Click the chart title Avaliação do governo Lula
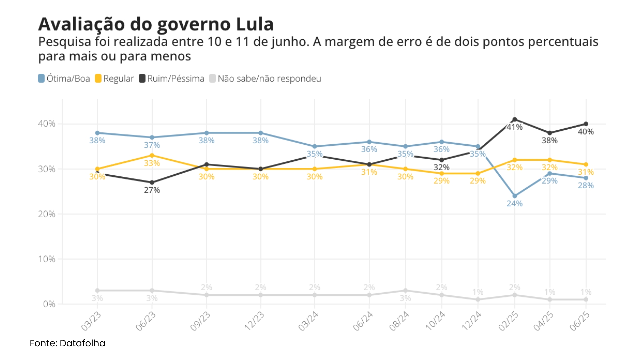156,24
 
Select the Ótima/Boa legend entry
64,79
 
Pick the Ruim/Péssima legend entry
172,79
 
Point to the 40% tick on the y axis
47,124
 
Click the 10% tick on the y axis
47,259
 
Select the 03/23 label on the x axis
91,321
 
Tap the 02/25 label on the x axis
508,321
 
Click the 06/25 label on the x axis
580,321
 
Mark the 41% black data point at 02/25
515,119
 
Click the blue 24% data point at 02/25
515,196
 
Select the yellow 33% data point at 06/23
152,155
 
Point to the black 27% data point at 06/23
152,182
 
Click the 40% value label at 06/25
586,132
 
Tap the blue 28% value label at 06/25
586,186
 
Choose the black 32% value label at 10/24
441,167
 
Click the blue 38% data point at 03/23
97,133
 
